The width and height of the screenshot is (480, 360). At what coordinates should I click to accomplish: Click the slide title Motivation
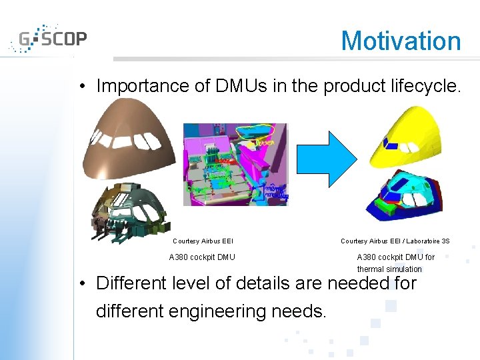point(401,41)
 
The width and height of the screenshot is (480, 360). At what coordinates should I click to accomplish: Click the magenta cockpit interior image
point(235,164)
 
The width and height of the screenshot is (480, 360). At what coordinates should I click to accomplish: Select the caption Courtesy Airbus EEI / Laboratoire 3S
point(395,241)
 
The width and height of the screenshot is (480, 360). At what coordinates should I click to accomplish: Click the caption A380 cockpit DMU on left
point(202,257)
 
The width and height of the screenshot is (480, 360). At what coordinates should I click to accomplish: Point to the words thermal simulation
point(389,269)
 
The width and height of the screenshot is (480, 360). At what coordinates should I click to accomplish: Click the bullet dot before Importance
point(79,87)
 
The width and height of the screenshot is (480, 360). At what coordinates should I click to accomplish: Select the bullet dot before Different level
point(79,284)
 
